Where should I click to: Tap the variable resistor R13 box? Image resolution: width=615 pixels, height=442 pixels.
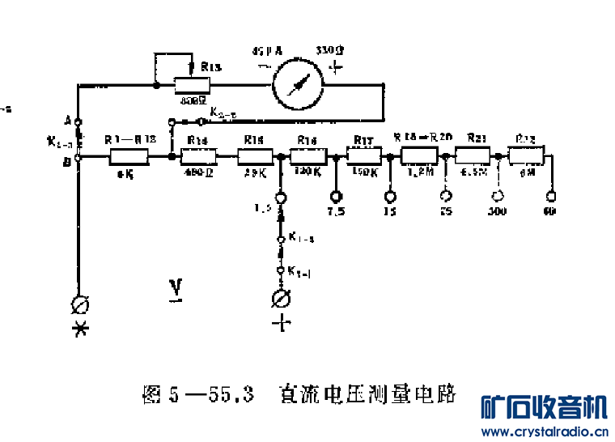[191, 84]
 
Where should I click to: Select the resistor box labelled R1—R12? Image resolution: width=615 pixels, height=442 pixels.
[129, 157]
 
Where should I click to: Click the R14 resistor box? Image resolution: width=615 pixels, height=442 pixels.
[199, 157]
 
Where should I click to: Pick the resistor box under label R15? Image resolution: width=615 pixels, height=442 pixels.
[254, 157]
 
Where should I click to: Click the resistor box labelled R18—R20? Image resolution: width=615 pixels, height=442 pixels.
[419, 155]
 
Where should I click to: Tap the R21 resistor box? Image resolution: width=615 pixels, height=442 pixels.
[473, 155]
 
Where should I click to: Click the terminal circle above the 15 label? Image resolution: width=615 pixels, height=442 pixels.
[390, 196]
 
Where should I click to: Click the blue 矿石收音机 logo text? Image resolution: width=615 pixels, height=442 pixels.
[543, 406]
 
